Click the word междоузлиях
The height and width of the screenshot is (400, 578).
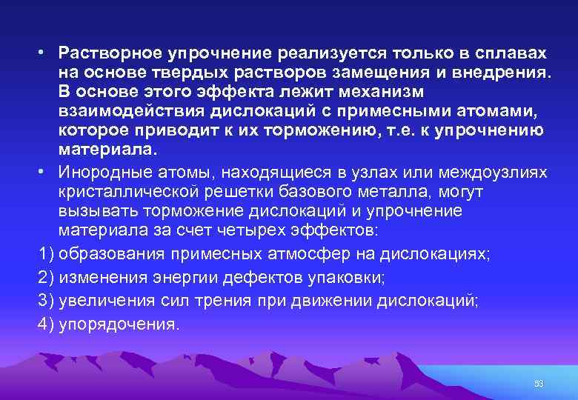pos(493,173)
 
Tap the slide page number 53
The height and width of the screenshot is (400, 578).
pos(539,384)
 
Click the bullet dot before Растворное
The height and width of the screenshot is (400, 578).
pos(44,54)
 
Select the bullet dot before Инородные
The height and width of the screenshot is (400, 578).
pos(44,173)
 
